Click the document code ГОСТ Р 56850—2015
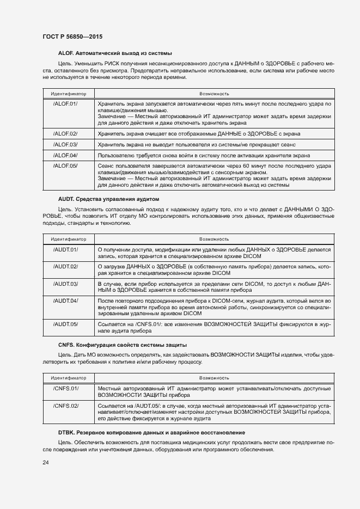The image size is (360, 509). (72, 36)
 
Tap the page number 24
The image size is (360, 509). (46, 462)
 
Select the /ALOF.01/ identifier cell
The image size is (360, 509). (65, 103)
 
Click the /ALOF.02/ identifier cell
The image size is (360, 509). (65, 133)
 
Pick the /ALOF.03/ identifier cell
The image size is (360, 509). (65, 144)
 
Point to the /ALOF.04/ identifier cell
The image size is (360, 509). (65, 155)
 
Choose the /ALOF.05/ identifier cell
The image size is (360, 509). (65, 165)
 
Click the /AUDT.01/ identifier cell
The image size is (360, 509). (65, 249)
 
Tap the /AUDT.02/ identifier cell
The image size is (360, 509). (65, 266)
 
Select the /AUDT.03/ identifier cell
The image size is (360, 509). (65, 284)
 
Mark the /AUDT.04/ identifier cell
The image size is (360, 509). (65, 301)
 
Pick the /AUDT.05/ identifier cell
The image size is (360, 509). (65, 324)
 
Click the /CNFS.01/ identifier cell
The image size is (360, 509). (66, 388)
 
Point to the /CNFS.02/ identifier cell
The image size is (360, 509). (66, 406)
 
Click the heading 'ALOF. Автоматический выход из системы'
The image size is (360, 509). (115, 53)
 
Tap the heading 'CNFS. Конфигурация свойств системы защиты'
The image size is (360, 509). (123, 345)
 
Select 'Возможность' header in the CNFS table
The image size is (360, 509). (214, 377)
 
